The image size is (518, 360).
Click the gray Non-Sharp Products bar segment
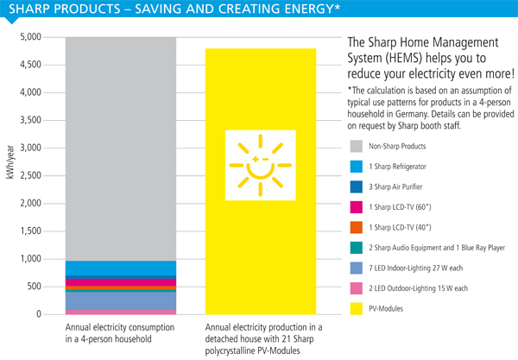(x=121, y=149)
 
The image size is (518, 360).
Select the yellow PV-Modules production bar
(x=261, y=181)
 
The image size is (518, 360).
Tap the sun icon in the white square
(x=261, y=165)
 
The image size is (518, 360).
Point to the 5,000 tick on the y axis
(x=30, y=36)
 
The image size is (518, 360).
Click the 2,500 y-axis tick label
(x=30, y=175)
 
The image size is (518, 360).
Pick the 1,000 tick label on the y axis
(x=30, y=259)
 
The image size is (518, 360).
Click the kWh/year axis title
(x=10, y=162)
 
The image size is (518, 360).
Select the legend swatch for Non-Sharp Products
(x=356, y=146)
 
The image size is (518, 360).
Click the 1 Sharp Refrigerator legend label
(x=397, y=167)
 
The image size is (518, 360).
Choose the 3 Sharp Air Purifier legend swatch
(x=356, y=186)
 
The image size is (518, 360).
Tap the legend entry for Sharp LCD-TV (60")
(x=400, y=207)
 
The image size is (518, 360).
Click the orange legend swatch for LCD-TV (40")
(x=356, y=227)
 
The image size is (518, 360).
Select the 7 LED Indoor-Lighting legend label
(x=415, y=268)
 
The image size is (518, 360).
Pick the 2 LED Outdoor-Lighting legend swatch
(x=356, y=288)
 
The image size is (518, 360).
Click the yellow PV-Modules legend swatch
(x=356, y=308)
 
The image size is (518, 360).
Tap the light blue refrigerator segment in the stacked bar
(x=121, y=268)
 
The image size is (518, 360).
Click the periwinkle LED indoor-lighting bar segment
(x=121, y=301)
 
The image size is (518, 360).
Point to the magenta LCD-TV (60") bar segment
(x=121, y=282)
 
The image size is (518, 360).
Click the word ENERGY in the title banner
(x=308, y=9)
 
